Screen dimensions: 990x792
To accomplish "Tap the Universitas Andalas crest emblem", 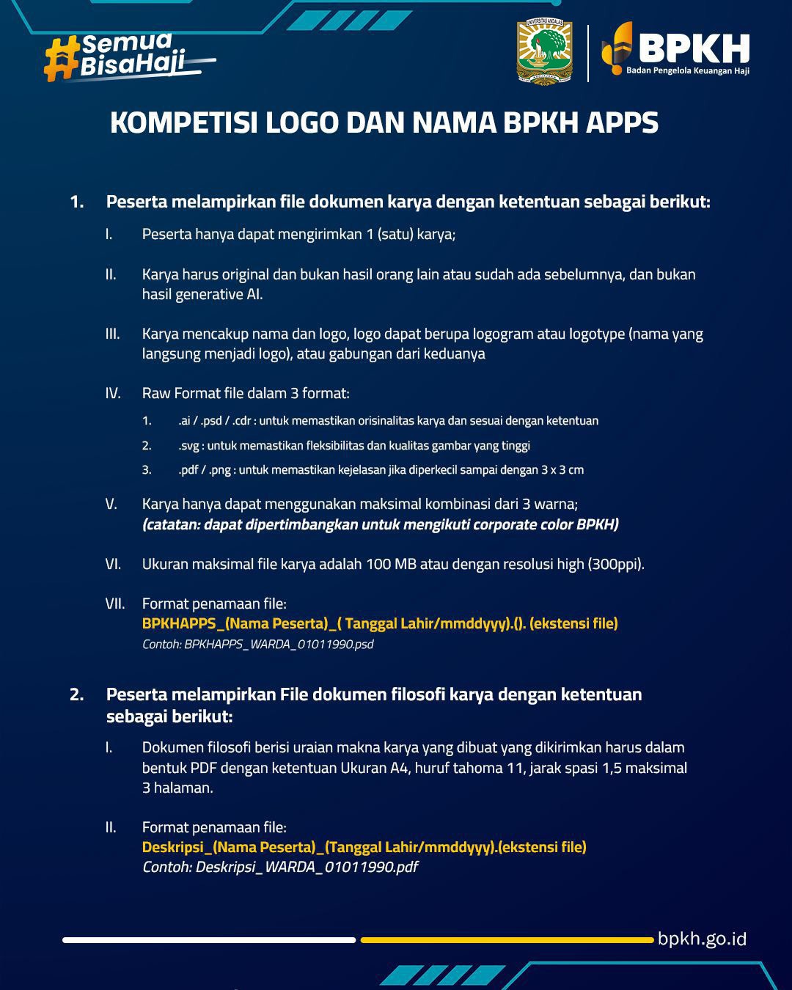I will point(544,53).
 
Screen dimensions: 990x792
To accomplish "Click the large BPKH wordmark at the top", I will point(693,48).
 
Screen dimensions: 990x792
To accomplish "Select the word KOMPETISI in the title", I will point(183,123).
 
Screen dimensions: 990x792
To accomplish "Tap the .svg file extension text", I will point(189,446).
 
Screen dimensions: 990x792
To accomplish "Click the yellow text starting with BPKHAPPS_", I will point(380,623).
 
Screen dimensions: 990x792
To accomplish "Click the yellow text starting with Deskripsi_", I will point(364,847).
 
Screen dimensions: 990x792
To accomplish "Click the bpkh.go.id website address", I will point(702,939).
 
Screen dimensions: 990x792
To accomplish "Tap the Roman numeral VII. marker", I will point(114,604).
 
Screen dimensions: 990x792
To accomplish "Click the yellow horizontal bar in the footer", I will point(506,939).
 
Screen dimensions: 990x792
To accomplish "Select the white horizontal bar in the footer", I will point(209,939).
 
